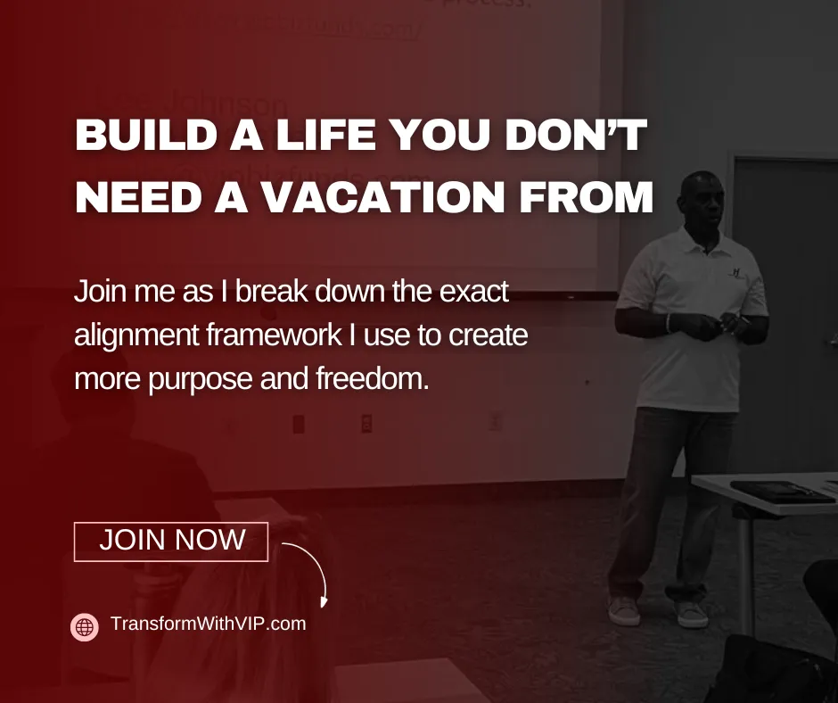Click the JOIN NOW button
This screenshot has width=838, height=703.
pos(171,541)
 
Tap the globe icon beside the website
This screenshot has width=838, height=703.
pos(85,627)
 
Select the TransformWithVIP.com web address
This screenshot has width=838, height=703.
pos(208,624)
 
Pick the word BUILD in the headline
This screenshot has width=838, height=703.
pos(139,138)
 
